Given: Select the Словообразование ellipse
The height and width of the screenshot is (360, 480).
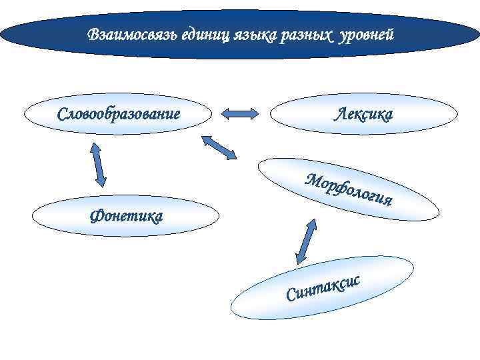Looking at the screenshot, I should point(119,113).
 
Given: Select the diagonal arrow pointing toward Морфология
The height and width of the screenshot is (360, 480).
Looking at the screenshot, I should point(219,147).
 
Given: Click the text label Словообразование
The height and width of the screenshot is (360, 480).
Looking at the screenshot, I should point(119,113).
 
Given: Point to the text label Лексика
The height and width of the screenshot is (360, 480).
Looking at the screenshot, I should point(363,114).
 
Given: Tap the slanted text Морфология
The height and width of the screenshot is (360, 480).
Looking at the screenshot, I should point(349,189).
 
